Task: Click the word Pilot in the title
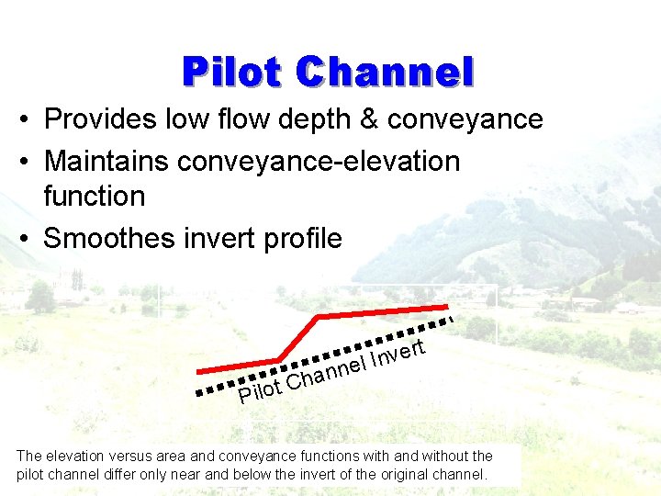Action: pyautogui.click(x=232, y=72)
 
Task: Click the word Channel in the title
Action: pyautogui.click(x=386, y=72)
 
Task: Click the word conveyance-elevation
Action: pyautogui.click(x=319, y=162)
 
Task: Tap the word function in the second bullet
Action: pyautogui.click(x=94, y=197)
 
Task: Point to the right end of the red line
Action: pyautogui.click(x=446, y=306)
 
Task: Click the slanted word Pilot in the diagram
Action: pyautogui.click(x=259, y=390)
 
